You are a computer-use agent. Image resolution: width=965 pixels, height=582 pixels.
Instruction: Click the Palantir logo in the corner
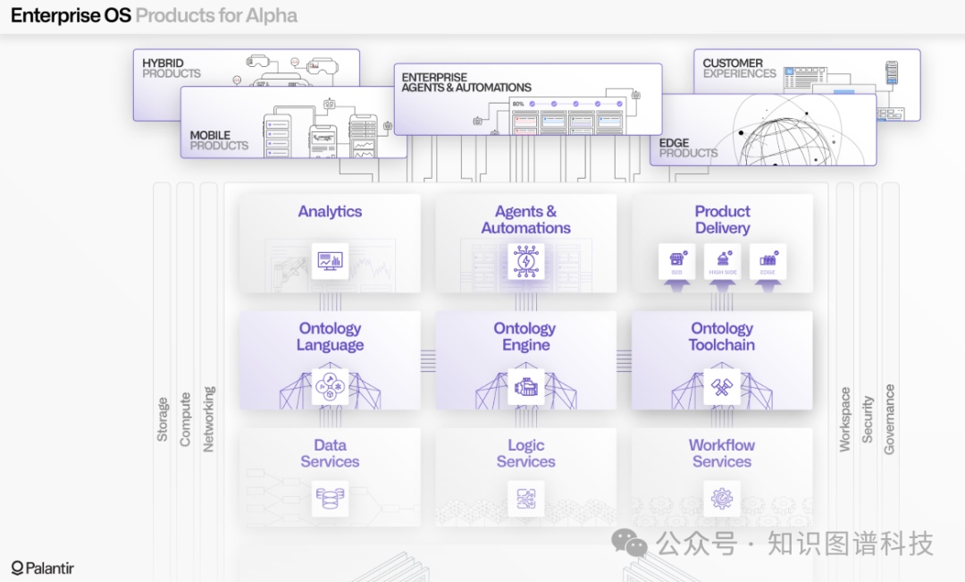pos(43,568)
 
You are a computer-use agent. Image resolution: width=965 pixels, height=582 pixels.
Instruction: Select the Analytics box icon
pos(330,261)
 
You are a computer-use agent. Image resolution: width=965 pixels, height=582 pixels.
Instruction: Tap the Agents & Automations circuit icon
pos(525,261)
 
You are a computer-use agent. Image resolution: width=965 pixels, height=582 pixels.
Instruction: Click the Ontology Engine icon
pos(525,387)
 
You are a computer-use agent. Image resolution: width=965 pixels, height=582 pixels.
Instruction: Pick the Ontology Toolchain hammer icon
pos(722,387)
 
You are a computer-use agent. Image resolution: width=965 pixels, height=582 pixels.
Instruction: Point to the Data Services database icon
pos(330,498)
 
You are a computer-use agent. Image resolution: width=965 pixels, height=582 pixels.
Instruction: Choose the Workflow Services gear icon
pos(722,498)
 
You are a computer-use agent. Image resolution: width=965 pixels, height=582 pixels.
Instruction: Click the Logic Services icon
pos(525,498)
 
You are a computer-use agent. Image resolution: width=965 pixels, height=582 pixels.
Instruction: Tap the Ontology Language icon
pos(330,387)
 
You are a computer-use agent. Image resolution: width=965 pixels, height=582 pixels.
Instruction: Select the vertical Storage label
pos(163,419)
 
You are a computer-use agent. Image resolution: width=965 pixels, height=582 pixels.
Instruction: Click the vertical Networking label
pos(209,418)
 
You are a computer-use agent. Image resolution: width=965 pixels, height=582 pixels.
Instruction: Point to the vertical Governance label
pos(889,419)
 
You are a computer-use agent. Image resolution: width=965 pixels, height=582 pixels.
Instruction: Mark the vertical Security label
pos(867,419)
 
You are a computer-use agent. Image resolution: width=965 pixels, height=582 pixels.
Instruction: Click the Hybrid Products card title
pos(172,68)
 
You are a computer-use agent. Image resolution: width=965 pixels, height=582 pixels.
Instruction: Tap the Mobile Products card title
pos(219,140)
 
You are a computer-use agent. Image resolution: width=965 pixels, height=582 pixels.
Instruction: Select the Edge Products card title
pos(688,148)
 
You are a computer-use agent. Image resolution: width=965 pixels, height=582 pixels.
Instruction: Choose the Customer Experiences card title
pos(739,68)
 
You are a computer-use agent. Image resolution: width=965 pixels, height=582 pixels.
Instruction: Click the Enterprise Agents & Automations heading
pos(466,82)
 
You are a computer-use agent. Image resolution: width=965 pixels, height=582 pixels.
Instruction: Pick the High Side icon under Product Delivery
pos(722,261)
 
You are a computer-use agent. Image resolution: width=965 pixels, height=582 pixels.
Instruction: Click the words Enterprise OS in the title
pos(71,16)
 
